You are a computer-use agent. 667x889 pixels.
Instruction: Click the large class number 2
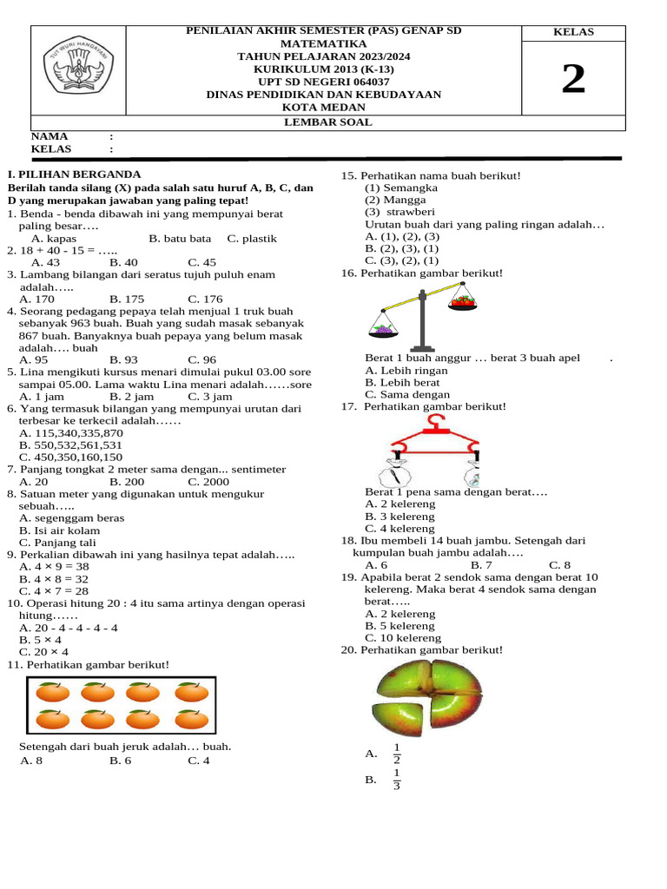pyautogui.click(x=573, y=80)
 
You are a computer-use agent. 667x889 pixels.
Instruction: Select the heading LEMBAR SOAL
pyautogui.click(x=328, y=122)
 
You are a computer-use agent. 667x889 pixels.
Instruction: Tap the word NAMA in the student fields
pyautogui.click(x=50, y=136)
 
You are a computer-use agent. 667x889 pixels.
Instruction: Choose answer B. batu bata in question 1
pyautogui.click(x=180, y=238)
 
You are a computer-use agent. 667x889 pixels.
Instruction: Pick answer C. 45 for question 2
pyautogui.click(x=201, y=262)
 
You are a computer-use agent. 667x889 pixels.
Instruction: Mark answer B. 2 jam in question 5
pyautogui.click(x=127, y=396)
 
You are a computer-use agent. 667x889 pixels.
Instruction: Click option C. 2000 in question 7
pyautogui.click(x=208, y=481)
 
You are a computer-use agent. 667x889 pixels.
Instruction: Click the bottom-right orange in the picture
pyautogui.click(x=191, y=720)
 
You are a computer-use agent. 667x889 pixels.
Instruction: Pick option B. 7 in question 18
pyautogui.click(x=481, y=564)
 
